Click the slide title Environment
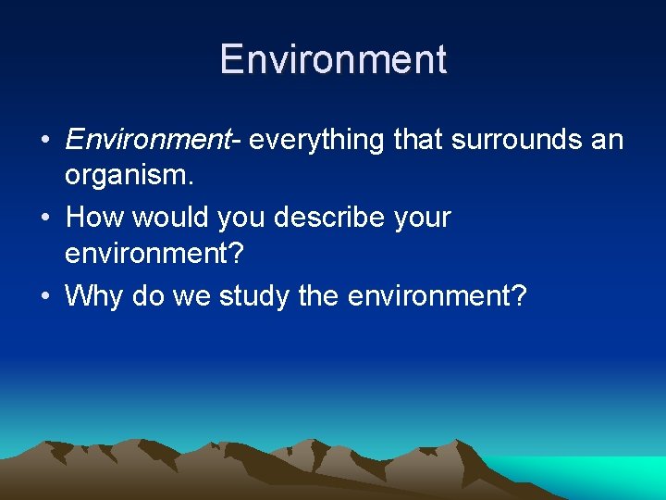(x=333, y=59)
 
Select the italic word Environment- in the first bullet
(x=153, y=140)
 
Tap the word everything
(x=317, y=140)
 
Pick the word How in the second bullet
(x=96, y=219)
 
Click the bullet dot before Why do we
(x=45, y=297)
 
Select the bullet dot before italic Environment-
(x=45, y=141)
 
